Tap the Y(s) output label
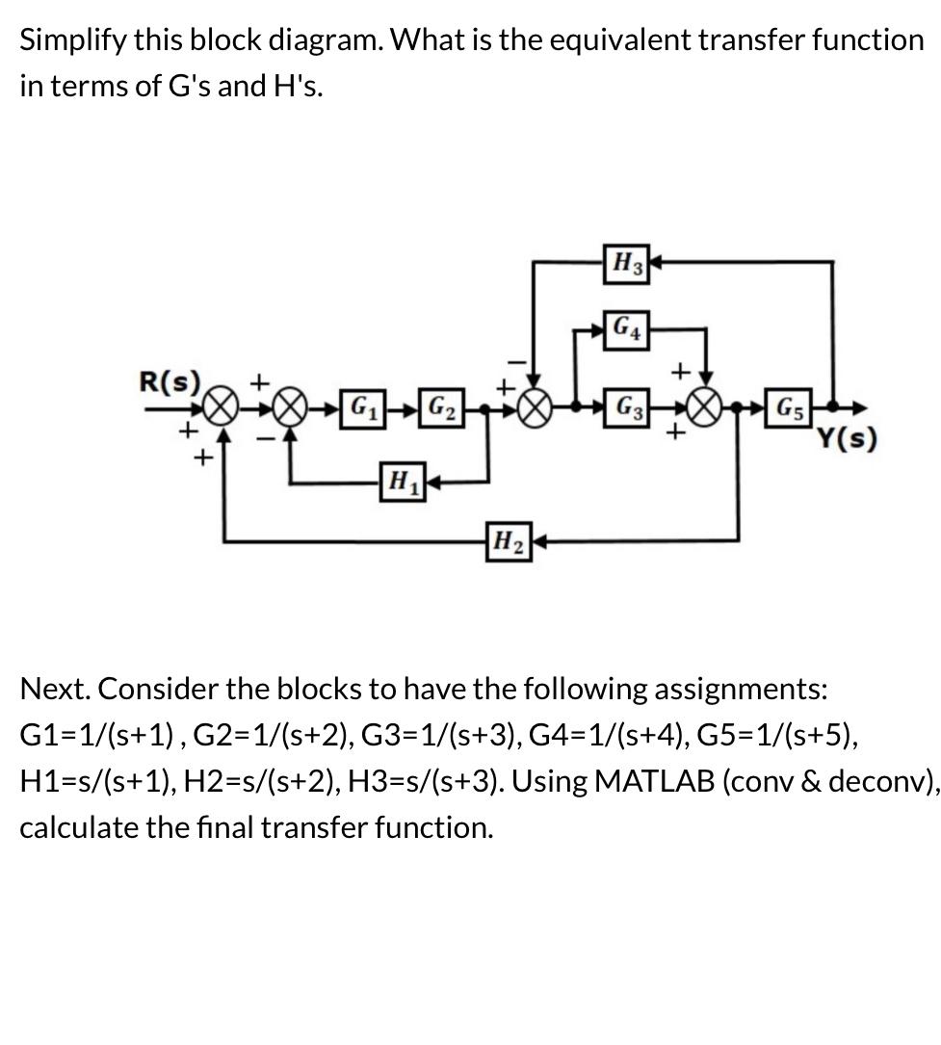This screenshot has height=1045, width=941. pos(847,440)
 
